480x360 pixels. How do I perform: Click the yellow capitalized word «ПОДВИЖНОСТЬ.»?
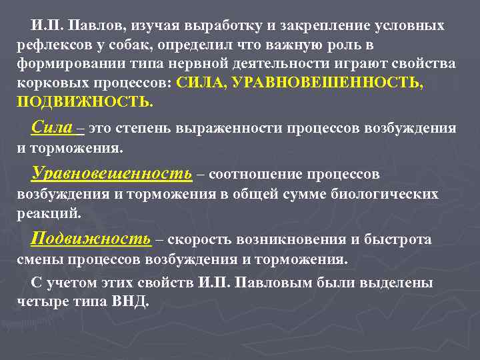pos(85,102)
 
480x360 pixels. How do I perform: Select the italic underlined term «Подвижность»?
pos(91,239)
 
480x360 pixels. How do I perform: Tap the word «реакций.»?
pos(49,213)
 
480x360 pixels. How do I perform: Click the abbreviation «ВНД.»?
pos(133,301)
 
